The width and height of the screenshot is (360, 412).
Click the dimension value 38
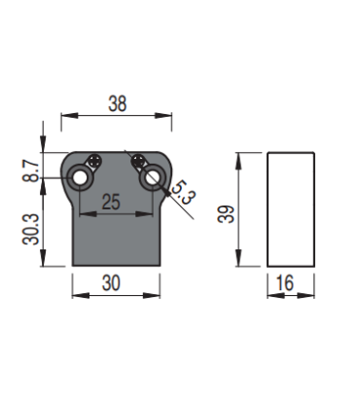pyautogui.click(x=118, y=101)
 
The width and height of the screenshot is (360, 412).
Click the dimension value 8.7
pyautogui.click(x=31, y=170)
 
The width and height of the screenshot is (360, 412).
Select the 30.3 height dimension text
pyautogui.click(x=31, y=230)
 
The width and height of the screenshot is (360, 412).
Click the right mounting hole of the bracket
pyautogui.click(x=154, y=178)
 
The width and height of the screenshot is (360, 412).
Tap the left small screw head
pyautogui.click(x=93, y=161)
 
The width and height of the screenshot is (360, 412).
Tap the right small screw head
pyautogui.click(x=141, y=161)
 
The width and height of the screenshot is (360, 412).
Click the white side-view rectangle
pyautogui.click(x=292, y=208)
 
